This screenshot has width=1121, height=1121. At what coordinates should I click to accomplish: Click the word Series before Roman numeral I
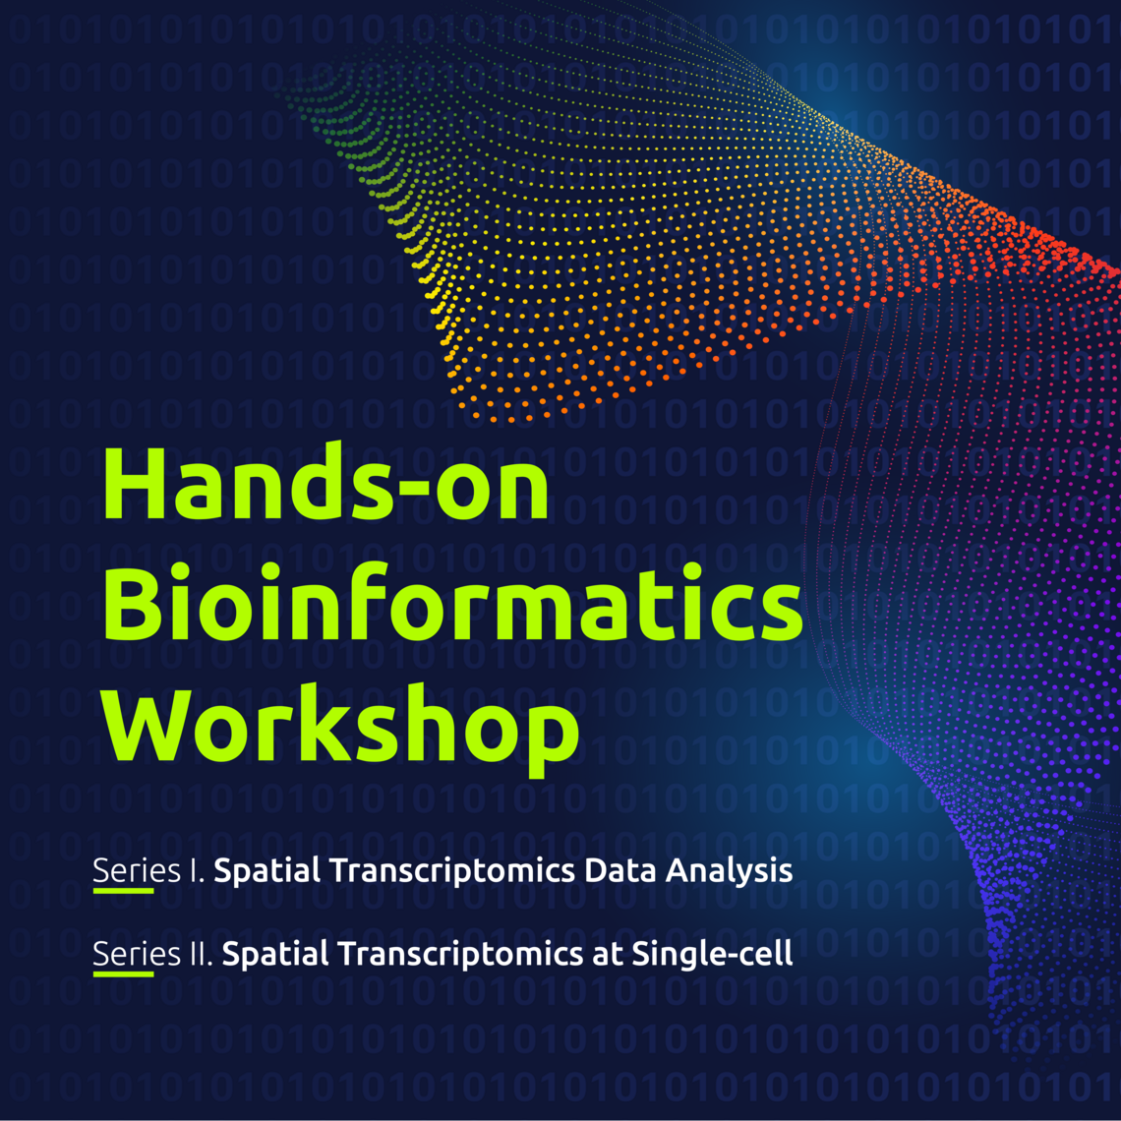tap(123, 871)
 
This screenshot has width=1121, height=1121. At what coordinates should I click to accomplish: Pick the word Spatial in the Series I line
tap(259, 872)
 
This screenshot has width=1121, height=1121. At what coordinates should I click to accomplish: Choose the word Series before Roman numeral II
tap(123, 954)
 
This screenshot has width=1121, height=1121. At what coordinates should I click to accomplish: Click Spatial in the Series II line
tap(266, 955)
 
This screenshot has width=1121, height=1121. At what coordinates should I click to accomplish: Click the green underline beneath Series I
tap(123, 891)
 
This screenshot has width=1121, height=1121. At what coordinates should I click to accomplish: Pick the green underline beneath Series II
tap(123, 973)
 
